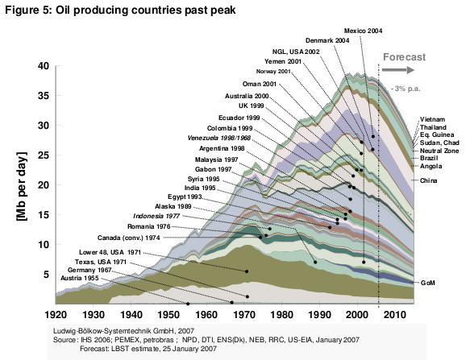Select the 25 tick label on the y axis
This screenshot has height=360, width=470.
click(x=44, y=155)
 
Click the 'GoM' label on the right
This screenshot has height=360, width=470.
click(x=428, y=283)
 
